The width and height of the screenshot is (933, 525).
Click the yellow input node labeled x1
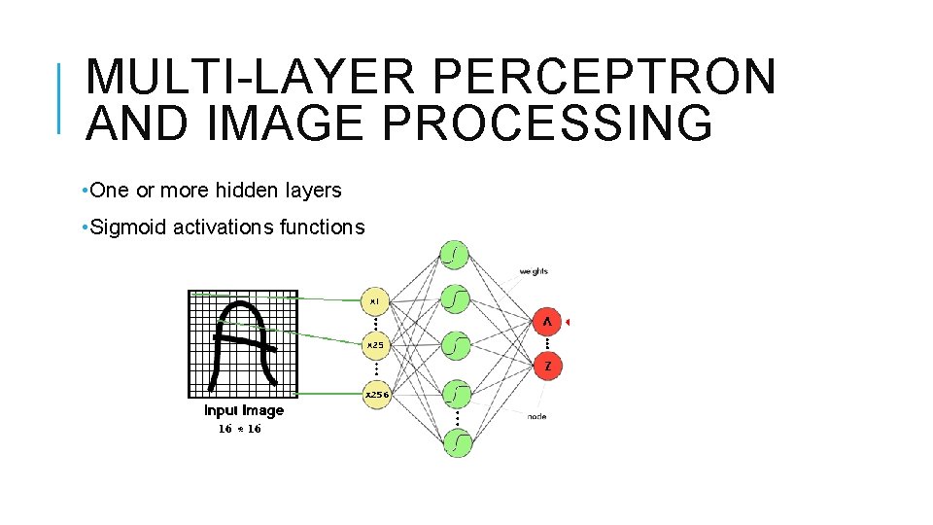click(x=375, y=301)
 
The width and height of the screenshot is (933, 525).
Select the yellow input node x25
click(x=375, y=344)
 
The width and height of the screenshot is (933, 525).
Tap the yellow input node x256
click(x=376, y=395)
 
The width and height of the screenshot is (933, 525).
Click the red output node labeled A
click(x=547, y=322)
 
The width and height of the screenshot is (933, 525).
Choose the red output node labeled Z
click(x=548, y=367)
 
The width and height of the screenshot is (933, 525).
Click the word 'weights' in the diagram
click(x=534, y=271)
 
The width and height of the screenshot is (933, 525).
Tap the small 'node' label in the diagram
click(x=536, y=416)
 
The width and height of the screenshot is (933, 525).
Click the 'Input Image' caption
click(x=244, y=410)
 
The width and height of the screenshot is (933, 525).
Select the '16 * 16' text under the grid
click(x=239, y=429)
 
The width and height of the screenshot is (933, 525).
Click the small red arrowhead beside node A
click(x=570, y=322)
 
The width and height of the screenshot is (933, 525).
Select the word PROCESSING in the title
click(x=549, y=123)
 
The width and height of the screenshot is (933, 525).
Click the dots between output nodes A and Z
click(x=548, y=344)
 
